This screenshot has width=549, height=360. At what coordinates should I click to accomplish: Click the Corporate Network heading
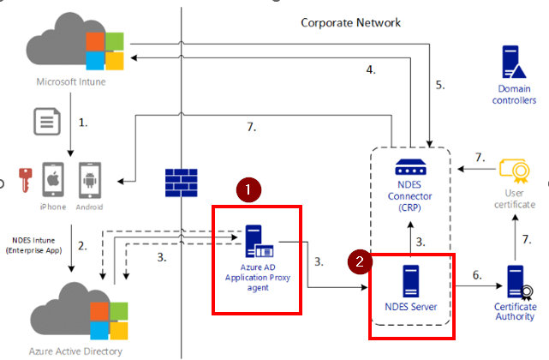point(350,22)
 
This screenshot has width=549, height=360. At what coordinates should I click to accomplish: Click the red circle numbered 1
point(248,189)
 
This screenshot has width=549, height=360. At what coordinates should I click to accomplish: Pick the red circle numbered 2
point(359,262)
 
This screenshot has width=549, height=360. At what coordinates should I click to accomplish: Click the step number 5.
point(440,84)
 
